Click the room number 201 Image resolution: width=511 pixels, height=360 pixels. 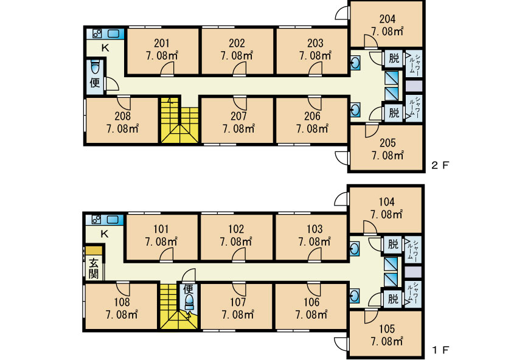162,43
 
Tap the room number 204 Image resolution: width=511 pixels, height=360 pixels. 387,19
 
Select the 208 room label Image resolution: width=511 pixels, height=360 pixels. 122,116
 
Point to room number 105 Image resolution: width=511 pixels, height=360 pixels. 387,329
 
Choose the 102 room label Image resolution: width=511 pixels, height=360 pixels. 236,229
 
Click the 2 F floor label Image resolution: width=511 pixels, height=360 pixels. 440,165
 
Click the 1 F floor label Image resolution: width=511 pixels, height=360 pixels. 440,350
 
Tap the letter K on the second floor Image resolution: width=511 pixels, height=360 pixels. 105,48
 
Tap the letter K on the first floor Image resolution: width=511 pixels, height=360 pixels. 104,234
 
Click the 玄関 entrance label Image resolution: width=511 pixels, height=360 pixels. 94,268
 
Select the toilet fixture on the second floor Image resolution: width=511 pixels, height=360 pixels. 94,67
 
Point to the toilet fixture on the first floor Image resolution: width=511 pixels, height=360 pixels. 189,302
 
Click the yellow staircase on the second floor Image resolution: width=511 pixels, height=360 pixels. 179,120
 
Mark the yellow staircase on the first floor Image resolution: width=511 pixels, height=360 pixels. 179,306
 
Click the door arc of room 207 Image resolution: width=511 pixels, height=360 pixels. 240,103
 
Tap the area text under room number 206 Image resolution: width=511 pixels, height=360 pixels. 312,129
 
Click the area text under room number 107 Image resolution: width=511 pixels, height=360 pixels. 238,315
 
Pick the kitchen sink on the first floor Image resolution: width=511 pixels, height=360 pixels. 113,220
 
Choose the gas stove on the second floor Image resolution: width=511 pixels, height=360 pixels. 97,34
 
